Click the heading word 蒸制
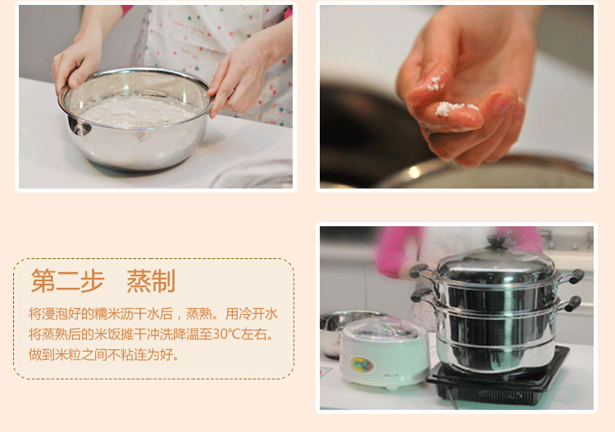point(151,281)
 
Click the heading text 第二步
point(67,281)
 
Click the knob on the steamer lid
point(496,242)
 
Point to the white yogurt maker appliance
point(384,353)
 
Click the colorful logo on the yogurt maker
point(362,365)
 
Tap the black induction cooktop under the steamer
point(499,379)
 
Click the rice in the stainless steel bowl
point(135,111)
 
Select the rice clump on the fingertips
point(451,108)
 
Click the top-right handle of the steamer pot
point(573,275)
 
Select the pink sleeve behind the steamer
point(396,251)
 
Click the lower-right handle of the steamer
point(570,303)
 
